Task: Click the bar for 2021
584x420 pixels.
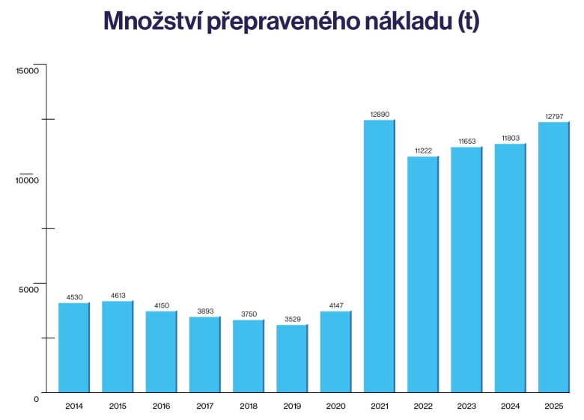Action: click(379, 256)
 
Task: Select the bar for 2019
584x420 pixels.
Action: click(292, 359)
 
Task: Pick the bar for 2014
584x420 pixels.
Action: click(73, 347)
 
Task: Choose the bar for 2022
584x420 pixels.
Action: click(422, 274)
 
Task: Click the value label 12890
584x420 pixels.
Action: click(380, 114)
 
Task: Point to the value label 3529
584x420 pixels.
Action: click(293, 319)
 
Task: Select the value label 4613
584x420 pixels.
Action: click(118, 295)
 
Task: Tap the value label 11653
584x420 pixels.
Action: click(466, 141)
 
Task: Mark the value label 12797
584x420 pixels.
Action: click(554, 116)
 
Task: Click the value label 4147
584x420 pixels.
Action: click(336, 305)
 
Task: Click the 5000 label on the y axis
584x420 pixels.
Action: click(28, 290)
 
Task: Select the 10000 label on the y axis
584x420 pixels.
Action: click(27, 180)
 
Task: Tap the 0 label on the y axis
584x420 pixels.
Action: click(36, 399)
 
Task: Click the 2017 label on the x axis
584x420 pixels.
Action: click(204, 406)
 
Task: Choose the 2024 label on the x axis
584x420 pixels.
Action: click(510, 406)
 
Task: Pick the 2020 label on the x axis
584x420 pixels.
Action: click(335, 406)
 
